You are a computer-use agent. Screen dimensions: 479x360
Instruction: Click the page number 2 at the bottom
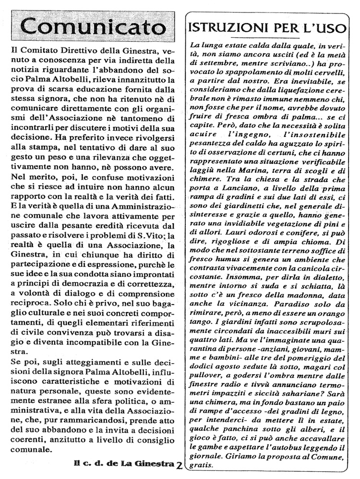pos(179,464)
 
